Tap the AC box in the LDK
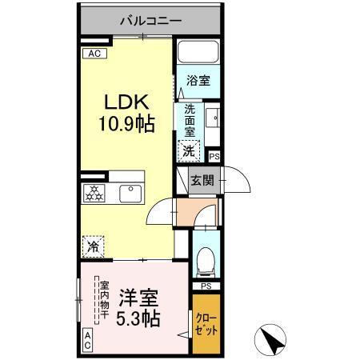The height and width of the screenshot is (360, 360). point(93,54)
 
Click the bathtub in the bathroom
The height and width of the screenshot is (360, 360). point(198,54)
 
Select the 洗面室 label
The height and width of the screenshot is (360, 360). point(190,120)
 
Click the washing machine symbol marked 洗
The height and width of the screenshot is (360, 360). point(190,149)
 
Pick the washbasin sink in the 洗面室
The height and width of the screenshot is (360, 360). point(212,118)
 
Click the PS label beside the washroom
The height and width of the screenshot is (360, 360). point(214,157)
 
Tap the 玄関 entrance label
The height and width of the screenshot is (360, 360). point(201,181)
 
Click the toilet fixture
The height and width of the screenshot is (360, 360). point(206,258)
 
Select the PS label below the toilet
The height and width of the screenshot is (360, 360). point(206,286)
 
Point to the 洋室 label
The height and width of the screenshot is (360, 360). point(139,297)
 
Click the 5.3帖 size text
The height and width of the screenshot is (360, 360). point(139,318)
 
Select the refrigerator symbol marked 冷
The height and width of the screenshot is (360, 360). point(93,246)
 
